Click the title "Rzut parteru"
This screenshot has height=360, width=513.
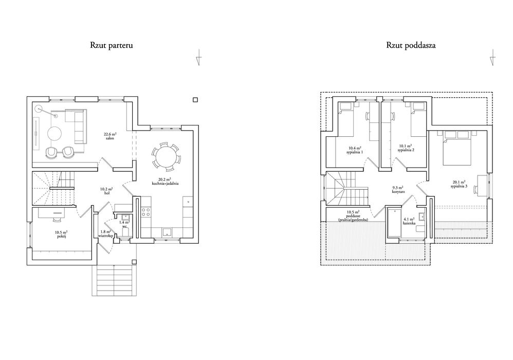pyautogui.click(x=112, y=45)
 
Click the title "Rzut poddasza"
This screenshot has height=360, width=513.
pyautogui.click(x=411, y=45)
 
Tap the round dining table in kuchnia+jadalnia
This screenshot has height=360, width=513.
pyautogui.click(x=166, y=157)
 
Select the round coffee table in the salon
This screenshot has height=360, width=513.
pyautogui.click(x=55, y=133)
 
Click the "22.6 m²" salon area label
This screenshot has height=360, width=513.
pyautogui.click(x=110, y=134)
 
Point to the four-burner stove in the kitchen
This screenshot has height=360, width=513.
pyautogui.click(x=146, y=212)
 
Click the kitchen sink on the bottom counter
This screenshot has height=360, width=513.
pyautogui.click(x=168, y=232)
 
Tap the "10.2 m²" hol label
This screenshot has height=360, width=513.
pyautogui.click(x=106, y=189)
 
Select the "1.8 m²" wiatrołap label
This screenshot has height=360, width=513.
pyautogui.click(x=105, y=231)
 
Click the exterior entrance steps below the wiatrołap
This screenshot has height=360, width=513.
pyautogui.click(x=114, y=280)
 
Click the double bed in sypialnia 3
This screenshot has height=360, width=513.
pyautogui.click(x=457, y=148)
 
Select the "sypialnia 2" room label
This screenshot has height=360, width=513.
pyautogui.click(x=406, y=150)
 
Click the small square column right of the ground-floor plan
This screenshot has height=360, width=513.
pyautogui.click(x=195, y=100)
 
